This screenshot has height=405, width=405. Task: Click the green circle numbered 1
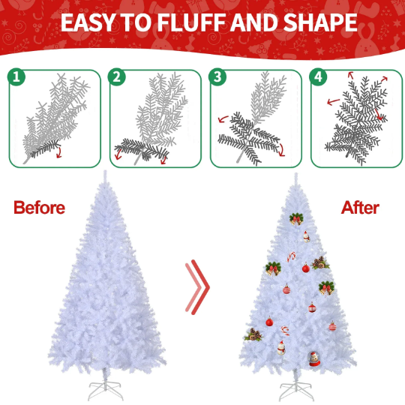16,76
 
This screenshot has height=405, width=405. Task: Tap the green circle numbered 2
117,76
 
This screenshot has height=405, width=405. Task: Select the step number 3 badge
217,76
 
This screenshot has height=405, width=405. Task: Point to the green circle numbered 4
318,76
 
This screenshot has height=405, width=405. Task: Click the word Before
39,208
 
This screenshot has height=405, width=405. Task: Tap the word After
360,208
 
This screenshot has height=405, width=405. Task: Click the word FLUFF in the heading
192,22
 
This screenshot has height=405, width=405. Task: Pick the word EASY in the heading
88,22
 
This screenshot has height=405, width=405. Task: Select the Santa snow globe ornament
314,358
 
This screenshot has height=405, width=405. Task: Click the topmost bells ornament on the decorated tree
296,219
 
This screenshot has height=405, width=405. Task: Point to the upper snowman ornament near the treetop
306,237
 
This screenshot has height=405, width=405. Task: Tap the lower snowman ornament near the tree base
281,348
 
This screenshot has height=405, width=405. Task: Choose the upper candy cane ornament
291,256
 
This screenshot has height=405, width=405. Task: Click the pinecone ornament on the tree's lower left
253,334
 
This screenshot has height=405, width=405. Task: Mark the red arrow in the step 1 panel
59,152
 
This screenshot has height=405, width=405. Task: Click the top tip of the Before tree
105,171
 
